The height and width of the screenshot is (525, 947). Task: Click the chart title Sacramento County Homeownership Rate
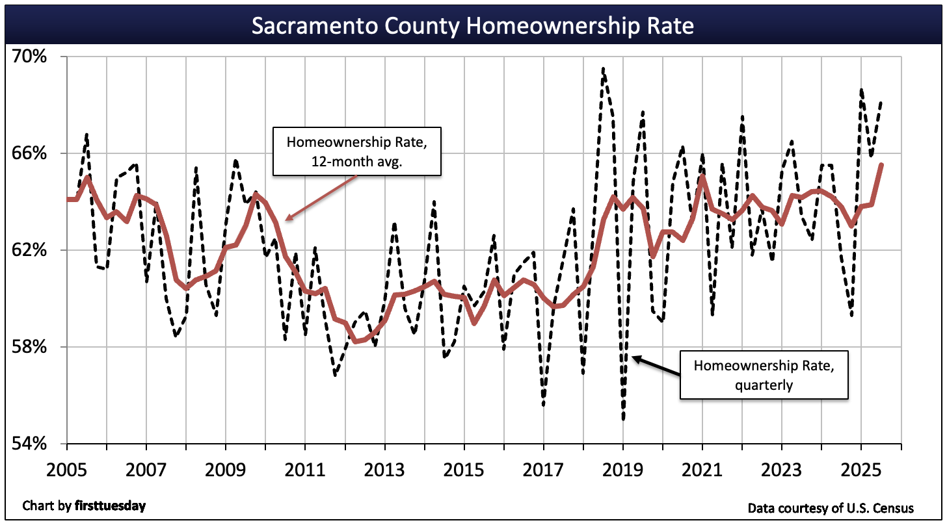pyautogui.click(x=473, y=26)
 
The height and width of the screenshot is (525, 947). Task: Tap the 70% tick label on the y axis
pyautogui.click(x=30, y=57)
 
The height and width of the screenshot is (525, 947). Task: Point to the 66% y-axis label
pyautogui.click(x=30, y=153)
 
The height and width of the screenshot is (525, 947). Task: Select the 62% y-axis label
pyautogui.click(x=30, y=250)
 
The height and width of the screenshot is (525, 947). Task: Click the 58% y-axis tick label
pyautogui.click(x=30, y=347)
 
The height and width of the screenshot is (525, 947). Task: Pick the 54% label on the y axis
pyautogui.click(x=30, y=443)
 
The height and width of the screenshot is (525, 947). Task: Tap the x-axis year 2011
pyautogui.click(x=306, y=468)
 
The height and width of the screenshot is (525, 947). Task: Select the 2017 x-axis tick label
pyautogui.click(x=544, y=468)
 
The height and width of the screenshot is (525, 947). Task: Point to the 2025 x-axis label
pyautogui.click(x=861, y=468)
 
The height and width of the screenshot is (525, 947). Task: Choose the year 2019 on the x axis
pyautogui.click(x=623, y=468)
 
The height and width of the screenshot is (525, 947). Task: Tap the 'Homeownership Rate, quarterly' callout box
pyautogui.click(x=764, y=374)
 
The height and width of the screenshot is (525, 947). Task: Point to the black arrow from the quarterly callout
pyautogui.click(x=656, y=366)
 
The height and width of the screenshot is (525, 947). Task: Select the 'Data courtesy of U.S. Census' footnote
pyautogui.click(x=831, y=507)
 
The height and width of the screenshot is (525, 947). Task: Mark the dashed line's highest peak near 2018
pyautogui.click(x=604, y=68)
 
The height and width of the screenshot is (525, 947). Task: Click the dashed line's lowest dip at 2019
pyautogui.click(x=623, y=419)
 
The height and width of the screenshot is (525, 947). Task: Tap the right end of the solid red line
pyautogui.click(x=881, y=165)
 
